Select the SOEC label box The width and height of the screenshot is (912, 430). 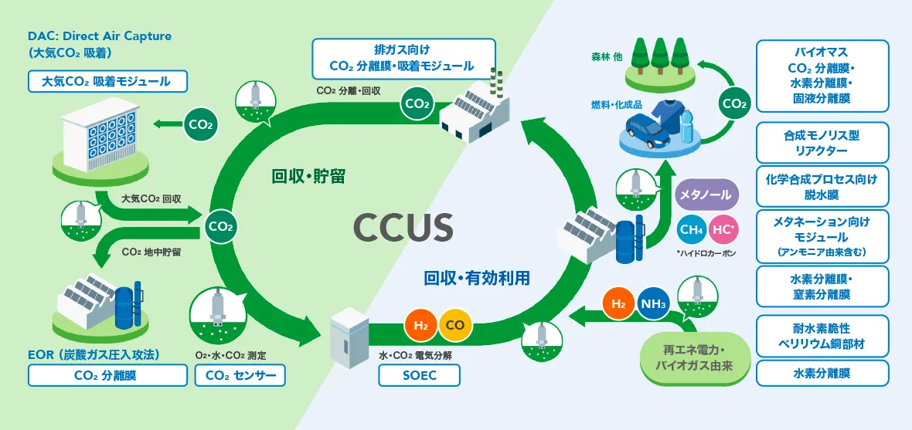point(419,375)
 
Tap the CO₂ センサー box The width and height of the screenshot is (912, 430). point(240,375)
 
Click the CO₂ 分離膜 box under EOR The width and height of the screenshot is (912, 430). point(107,375)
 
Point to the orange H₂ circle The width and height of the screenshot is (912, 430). point(421,325)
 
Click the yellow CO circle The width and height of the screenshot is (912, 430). point(455,325)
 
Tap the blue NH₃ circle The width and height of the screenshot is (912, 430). point(653,304)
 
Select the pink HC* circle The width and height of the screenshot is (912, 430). point(723,229)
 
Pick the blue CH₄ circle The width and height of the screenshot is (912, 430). point(690,229)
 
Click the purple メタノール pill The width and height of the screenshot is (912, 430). point(704,195)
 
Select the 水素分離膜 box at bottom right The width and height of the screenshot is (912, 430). point(822,373)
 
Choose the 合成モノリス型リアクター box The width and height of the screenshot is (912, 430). point(822,142)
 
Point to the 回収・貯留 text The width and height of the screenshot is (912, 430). point(308,177)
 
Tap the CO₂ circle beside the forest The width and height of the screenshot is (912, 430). point(733,103)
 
